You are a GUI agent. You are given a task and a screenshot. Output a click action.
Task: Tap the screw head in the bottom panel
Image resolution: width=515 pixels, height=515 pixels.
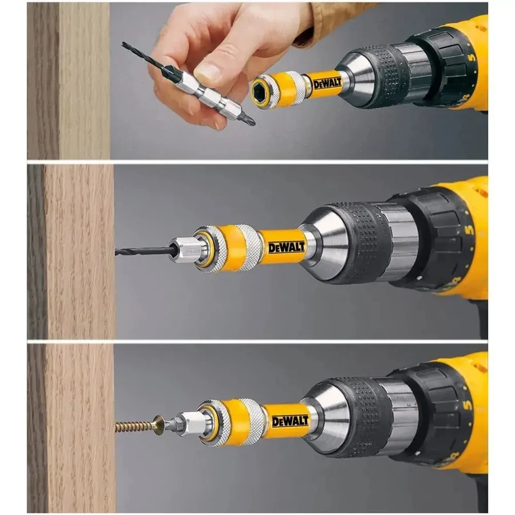click(161, 424)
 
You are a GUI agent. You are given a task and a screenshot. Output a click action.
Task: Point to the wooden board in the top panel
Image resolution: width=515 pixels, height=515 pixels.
click(69, 80)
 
